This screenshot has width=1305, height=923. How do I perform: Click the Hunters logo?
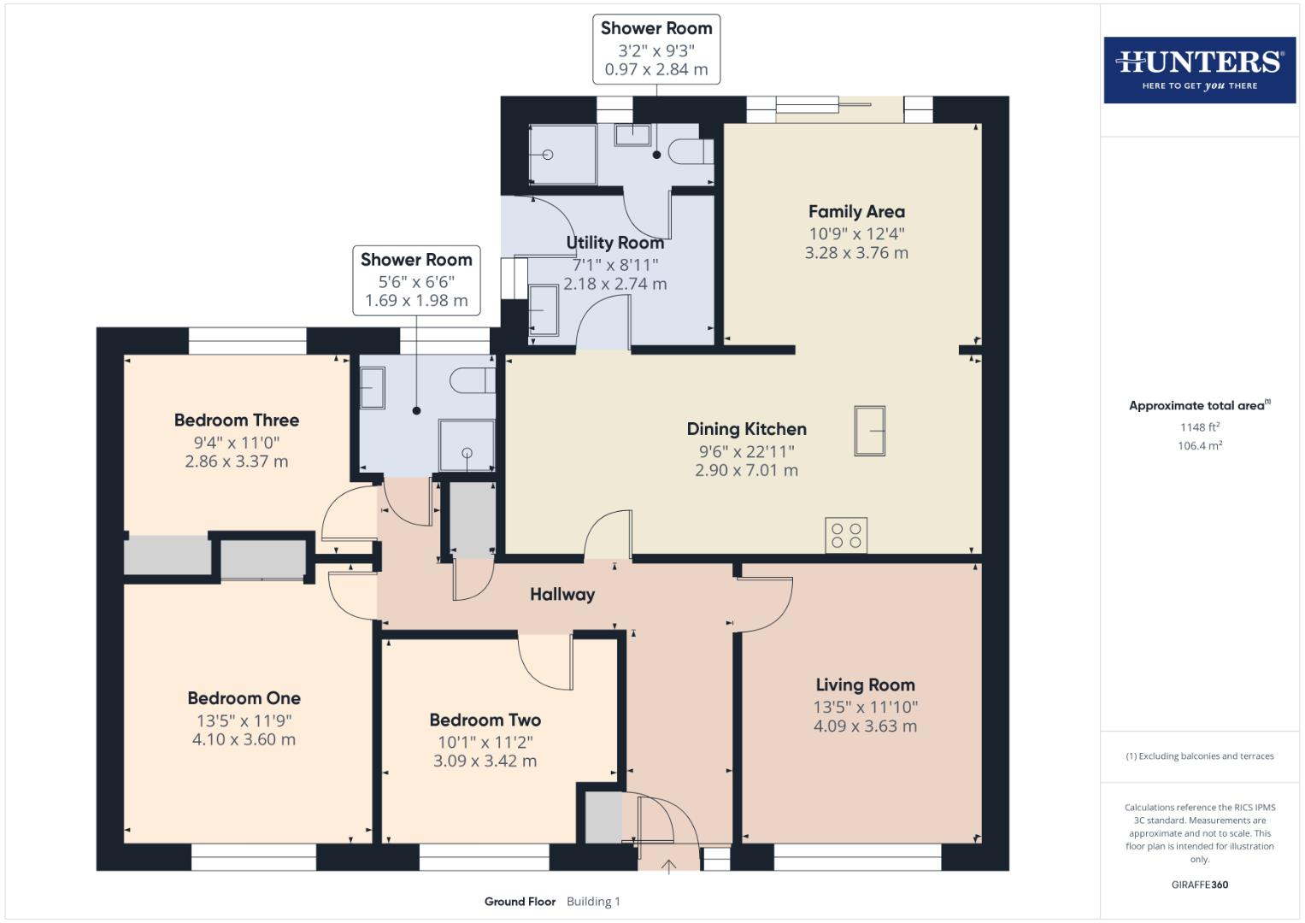click(x=1199, y=69)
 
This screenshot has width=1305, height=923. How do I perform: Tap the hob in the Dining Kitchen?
click(x=846, y=536)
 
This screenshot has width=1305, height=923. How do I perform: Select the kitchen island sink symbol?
click(x=869, y=430)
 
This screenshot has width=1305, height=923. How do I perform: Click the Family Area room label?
click(x=856, y=212)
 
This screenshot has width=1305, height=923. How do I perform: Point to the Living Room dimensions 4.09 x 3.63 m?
click(x=865, y=726)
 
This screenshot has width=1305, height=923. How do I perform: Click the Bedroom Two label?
click(x=485, y=720)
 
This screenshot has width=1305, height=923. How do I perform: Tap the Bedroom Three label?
click(x=237, y=420)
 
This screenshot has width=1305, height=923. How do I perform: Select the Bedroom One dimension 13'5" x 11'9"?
click(x=244, y=720)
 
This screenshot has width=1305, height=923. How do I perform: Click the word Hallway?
click(x=562, y=595)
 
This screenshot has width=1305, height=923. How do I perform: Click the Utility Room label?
click(x=614, y=244)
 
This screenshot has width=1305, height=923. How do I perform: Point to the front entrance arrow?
click(x=669, y=866)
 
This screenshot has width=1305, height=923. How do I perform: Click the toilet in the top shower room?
click(x=691, y=152)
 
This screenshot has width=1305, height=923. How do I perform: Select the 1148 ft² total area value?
click(x=1199, y=427)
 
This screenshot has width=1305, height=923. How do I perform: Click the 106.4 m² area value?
click(x=1199, y=446)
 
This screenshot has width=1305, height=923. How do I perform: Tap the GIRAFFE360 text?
click(x=1199, y=885)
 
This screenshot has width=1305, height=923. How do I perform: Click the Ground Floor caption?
click(x=520, y=902)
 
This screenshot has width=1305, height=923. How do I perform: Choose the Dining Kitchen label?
click(x=746, y=429)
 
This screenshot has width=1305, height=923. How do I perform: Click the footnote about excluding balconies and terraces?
click(x=1199, y=756)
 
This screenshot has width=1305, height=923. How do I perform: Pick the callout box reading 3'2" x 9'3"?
click(x=656, y=50)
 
